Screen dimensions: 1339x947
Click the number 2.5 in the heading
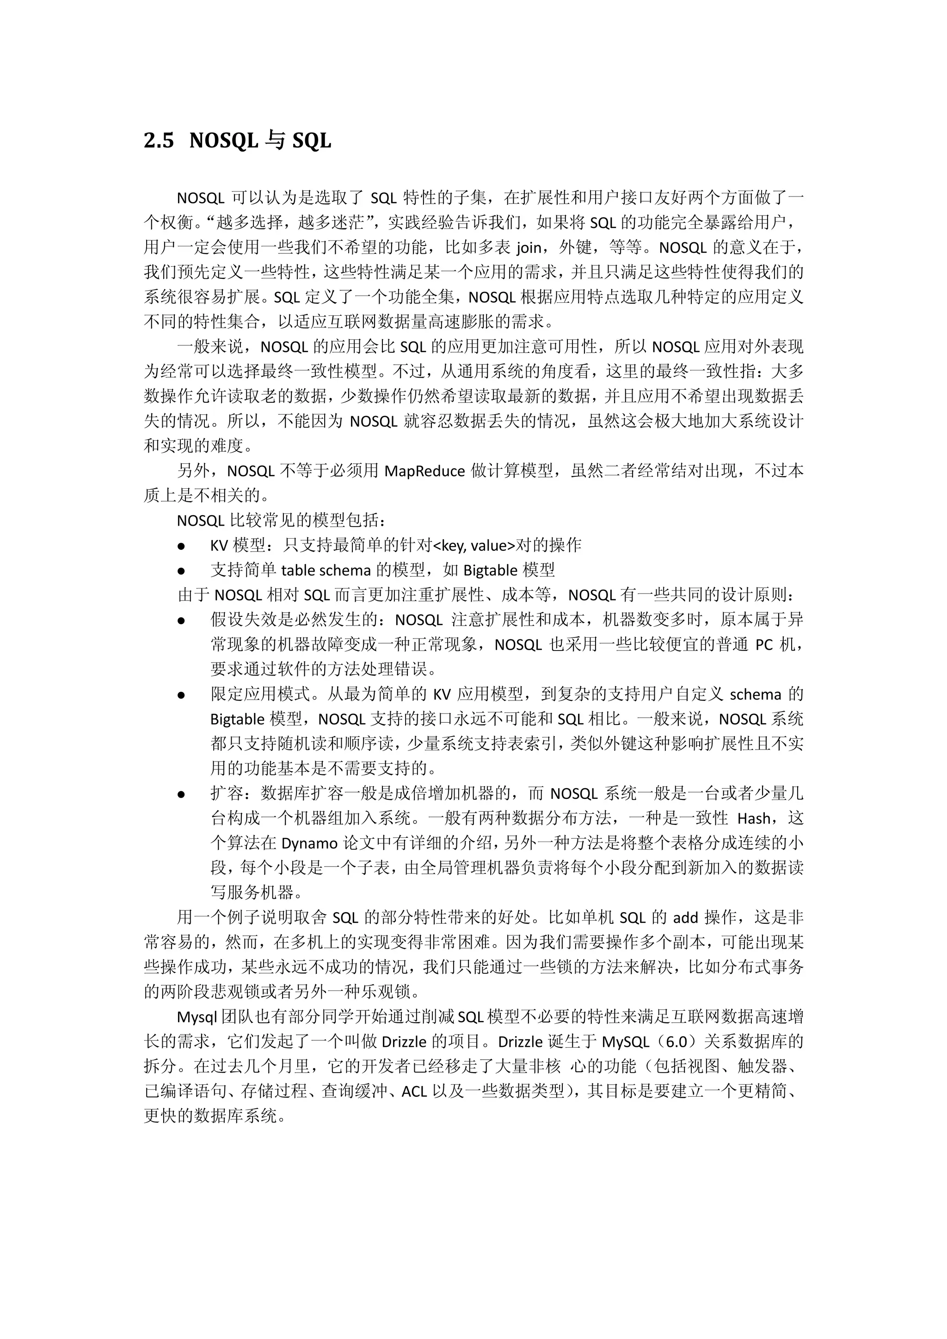pos(159,141)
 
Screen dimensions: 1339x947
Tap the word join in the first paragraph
pos(529,247)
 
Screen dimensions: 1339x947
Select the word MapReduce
pos(424,471)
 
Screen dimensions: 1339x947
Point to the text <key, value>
pos(475,545)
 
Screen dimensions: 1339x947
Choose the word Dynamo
pos(310,843)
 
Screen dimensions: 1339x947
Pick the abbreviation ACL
pos(414,1091)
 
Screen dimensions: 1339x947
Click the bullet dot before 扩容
pos(181,794)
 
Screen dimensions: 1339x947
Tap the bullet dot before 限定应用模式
pos(181,695)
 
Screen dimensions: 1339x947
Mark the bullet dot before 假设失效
pos(181,620)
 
